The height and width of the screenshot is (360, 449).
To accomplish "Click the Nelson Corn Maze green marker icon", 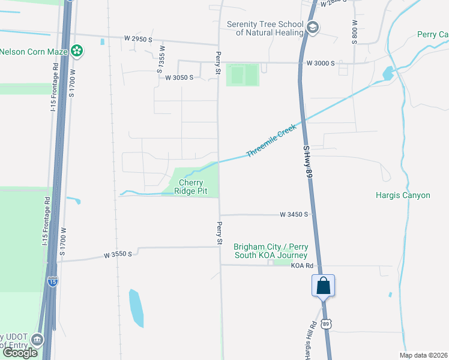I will (77, 51).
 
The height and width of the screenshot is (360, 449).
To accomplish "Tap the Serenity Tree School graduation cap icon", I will (312, 28).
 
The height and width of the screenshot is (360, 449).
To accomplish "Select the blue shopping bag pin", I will (323, 286).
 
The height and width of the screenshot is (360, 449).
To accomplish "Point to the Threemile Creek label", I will (273, 142).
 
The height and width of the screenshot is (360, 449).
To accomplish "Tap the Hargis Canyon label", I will (403, 195).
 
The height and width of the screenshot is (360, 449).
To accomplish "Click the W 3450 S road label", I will (294, 214).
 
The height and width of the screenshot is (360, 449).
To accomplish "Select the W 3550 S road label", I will (117, 255).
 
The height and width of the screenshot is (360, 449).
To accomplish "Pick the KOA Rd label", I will (303, 265).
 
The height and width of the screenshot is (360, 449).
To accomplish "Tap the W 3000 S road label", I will (320, 63).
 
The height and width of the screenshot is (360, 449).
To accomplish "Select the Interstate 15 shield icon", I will (53, 280).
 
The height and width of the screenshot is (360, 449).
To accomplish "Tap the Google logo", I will (20, 353).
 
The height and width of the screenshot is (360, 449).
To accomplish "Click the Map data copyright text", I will (424, 355).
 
